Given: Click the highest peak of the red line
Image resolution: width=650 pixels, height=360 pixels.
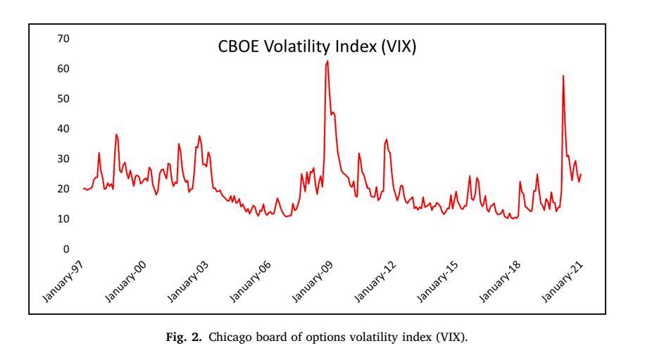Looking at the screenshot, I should [327, 61].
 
